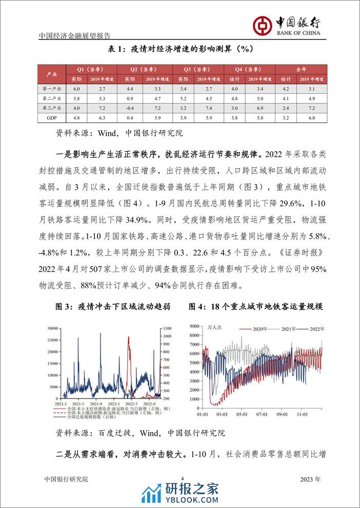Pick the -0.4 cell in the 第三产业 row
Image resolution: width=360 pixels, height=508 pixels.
click(129, 108)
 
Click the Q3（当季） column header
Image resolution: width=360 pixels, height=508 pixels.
click(196, 69)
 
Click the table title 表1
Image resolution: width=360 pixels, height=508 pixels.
click(179, 49)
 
